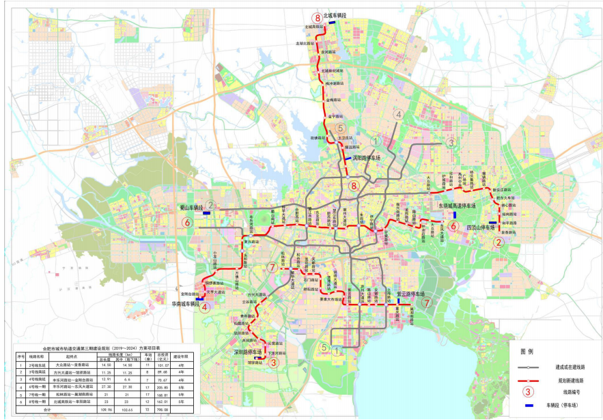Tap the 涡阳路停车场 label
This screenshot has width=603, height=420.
(x=371, y=157)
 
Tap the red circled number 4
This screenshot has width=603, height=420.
(x=206, y=307)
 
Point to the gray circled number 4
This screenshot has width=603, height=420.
(x=399, y=115)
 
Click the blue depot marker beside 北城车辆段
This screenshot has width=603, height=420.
(x=332, y=23)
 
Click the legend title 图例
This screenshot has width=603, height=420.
(x=527, y=352)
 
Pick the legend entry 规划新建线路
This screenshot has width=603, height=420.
(x=570, y=378)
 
